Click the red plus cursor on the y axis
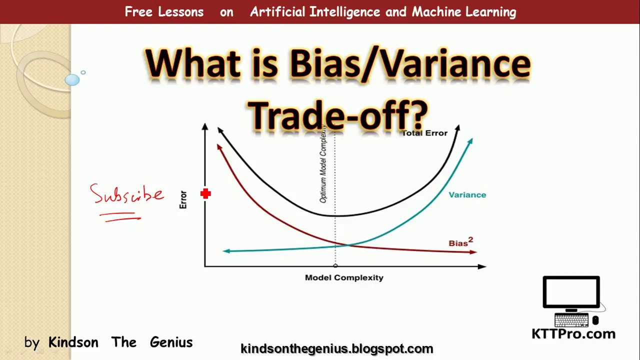[x=205, y=193]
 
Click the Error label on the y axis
[x=183, y=199]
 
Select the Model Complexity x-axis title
[x=344, y=277]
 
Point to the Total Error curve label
[x=424, y=133]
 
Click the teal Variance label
[x=467, y=194]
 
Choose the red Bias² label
[x=460, y=242]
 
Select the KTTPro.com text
[x=573, y=333]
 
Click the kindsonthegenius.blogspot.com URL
[x=336, y=348]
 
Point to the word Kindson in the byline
[x=73, y=342]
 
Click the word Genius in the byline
[x=171, y=342]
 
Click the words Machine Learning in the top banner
[x=463, y=12]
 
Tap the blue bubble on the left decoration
[x=72, y=80]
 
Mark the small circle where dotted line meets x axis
[x=335, y=266]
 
